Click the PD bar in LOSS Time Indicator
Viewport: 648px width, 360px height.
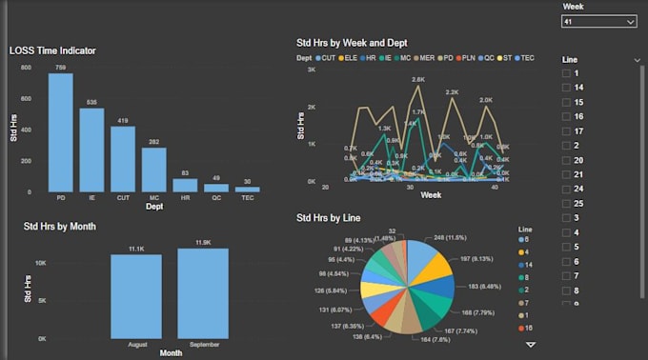(x=61, y=133)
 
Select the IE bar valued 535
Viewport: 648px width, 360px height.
(x=91, y=150)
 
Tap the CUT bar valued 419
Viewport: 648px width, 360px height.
(x=123, y=159)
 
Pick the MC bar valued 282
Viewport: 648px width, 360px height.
(x=153, y=170)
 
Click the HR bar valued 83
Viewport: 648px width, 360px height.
(x=185, y=185)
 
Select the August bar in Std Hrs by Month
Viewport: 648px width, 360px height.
(x=136, y=296)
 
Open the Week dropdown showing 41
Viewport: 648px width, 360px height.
(x=598, y=21)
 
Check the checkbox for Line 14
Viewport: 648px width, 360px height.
(x=567, y=88)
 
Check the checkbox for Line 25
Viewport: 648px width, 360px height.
(x=567, y=204)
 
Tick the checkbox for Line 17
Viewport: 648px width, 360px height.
(x=567, y=131)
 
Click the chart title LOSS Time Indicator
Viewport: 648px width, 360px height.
(x=52, y=50)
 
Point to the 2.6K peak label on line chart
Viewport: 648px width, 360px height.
(x=417, y=80)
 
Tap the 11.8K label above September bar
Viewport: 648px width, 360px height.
(x=202, y=243)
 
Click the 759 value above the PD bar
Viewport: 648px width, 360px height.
(x=61, y=68)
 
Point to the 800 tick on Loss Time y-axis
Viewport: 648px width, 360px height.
(x=26, y=69)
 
